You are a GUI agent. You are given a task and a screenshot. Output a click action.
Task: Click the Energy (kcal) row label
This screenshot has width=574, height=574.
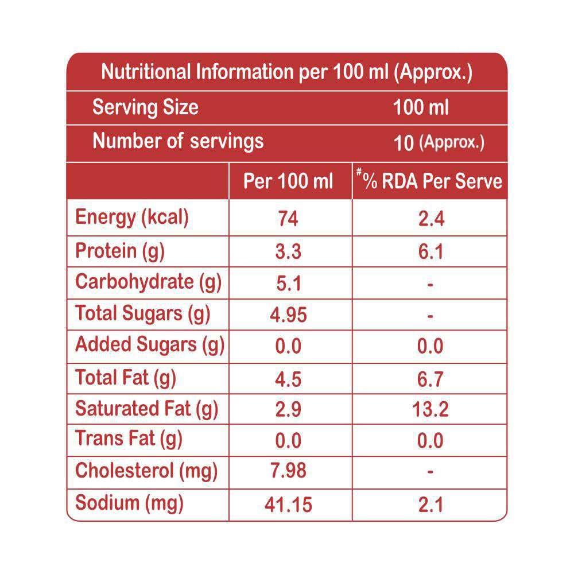click(x=132, y=218)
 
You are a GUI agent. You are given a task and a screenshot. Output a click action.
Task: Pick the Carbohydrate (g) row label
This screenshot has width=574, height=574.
click(x=148, y=282)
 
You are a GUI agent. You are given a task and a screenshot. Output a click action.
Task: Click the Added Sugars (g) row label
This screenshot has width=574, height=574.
click(x=149, y=345)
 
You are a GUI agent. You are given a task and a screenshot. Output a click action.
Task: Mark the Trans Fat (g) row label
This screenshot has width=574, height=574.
click(x=129, y=440)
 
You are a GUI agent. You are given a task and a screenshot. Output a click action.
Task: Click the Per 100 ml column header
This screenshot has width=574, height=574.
click(x=288, y=182)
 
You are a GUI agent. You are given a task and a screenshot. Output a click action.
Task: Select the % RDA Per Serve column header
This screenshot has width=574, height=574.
click(x=429, y=182)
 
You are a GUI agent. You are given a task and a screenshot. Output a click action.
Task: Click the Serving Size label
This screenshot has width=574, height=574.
click(x=145, y=107)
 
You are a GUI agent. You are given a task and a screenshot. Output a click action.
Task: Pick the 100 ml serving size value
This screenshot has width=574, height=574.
click(x=421, y=107)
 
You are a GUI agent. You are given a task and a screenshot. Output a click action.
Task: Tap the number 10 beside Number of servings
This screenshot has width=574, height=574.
click(x=404, y=142)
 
